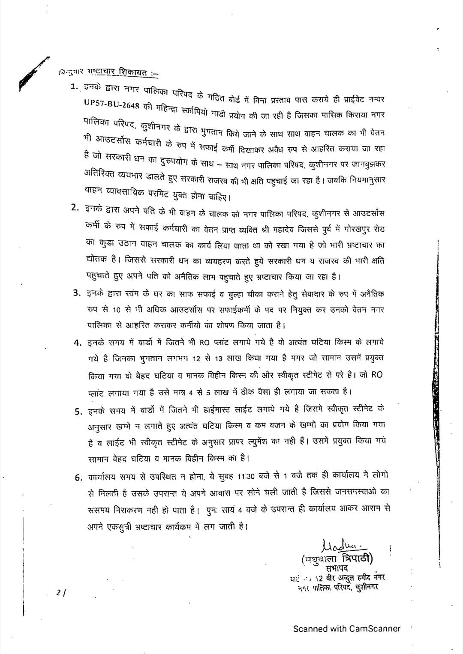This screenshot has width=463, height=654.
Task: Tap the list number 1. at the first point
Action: click(x=75, y=86)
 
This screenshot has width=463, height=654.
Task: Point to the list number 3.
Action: click(x=77, y=293)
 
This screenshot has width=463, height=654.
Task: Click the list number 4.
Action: click(x=78, y=343)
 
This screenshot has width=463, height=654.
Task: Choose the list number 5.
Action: click(x=78, y=412)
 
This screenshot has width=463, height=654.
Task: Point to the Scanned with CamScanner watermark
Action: click(x=346, y=629)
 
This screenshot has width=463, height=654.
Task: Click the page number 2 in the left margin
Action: click(x=58, y=593)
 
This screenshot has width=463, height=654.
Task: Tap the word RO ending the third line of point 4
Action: click(x=376, y=375)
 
